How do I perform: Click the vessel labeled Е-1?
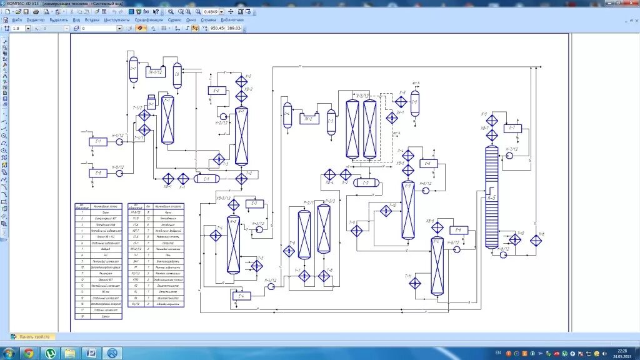97,142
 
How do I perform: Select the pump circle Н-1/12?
119,142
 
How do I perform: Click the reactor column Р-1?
167,120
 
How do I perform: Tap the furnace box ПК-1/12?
156,72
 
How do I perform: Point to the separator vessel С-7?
133,69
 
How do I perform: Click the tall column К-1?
242,136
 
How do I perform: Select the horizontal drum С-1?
206,179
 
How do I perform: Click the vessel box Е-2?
216,91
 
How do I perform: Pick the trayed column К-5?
492,196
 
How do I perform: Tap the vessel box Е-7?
512,128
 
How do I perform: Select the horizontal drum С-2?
366,182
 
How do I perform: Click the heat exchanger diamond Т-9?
357,231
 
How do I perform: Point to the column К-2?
233,244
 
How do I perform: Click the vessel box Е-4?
241,295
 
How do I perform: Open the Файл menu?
17,19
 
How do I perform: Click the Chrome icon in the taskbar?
28,353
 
